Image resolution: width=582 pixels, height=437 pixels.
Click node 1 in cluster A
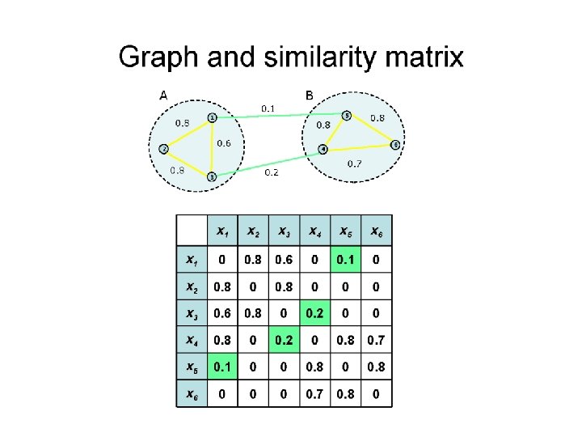(213, 117)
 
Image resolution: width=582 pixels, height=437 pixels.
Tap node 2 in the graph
(163, 149)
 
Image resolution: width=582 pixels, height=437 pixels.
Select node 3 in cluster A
(211, 176)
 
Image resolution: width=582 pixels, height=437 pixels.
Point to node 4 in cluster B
(323, 149)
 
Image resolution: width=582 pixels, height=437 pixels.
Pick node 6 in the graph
(395, 145)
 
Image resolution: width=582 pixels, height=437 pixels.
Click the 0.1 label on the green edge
(268, 108)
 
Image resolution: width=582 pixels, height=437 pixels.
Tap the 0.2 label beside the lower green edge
(272, 172)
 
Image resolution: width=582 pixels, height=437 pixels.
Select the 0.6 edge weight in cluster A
(224, 143)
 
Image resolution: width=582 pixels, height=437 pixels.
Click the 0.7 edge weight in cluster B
(354, 163)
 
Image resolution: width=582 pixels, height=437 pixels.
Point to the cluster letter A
(163, 95)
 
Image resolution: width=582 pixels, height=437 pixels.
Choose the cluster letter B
(310, 95)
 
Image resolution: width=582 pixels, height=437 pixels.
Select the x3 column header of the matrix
(283, 232)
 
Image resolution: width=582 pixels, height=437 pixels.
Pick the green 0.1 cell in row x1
(345, 260)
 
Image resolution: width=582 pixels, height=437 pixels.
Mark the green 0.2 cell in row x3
(314, 313)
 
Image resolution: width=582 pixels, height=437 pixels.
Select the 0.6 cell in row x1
(283, 260)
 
